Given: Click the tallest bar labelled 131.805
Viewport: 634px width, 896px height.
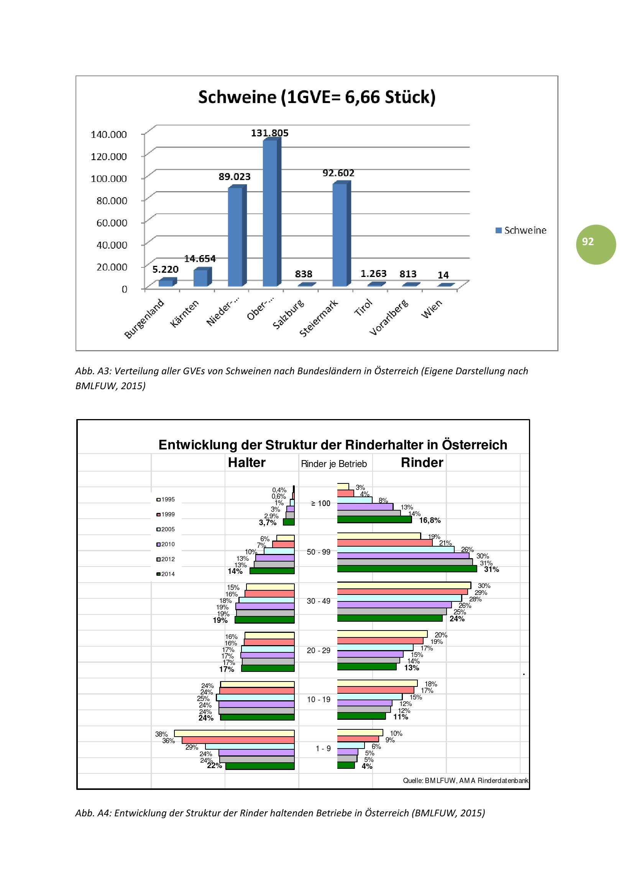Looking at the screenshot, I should coord(270,213).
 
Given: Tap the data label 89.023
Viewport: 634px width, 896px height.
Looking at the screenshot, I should coord(234,177).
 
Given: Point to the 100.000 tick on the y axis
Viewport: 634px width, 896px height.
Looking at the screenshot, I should coord(108,179).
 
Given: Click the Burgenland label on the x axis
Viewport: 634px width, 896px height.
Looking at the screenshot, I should coord(144,318).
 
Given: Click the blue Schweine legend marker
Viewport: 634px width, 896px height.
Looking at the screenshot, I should coord(499,230).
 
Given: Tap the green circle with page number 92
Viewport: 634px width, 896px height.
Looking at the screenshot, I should coord(596,245).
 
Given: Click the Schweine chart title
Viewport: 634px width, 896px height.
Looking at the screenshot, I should coord(317,97).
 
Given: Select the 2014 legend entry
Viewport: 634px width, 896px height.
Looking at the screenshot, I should coord(166,574).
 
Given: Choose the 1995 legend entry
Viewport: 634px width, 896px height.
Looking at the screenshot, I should coord(166,500).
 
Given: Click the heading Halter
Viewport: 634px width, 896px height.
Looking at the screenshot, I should coord(246,462).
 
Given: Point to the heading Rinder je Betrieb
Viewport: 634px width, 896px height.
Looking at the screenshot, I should coord(334,464).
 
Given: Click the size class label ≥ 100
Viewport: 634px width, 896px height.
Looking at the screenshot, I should coord(320,503).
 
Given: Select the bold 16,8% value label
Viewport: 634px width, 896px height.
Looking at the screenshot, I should coord(430,520).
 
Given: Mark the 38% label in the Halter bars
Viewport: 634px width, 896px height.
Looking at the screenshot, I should coord(161,734).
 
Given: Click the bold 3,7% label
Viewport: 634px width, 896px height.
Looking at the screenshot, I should coord(268,523).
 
